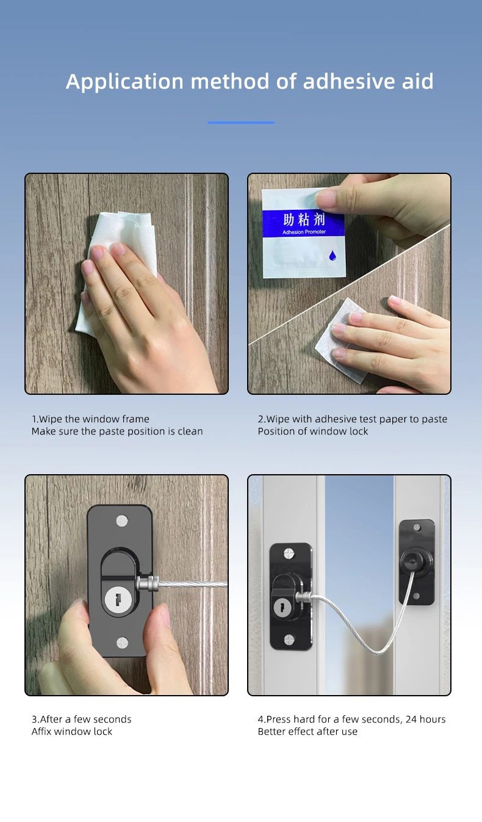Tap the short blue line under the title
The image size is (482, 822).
pyautogui.click(x=240, y=123)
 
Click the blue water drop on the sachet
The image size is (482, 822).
pyautogui.click(x=333, y=256)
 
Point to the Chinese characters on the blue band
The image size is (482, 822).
pyautogui.click(x=304, y=220)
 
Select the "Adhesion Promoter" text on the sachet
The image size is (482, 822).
pyautogui.click(x=304, y=232)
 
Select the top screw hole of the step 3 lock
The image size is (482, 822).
pyautogui.click(x=122, y=521)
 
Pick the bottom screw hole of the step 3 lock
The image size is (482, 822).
pyautogui.click(x=122, y=642)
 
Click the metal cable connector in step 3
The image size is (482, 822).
pyautogui.click(x=148, y=583)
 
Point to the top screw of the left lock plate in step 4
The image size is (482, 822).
pyautogui.click(x=289, y=553)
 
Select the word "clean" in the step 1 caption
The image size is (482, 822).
pyautogui.click(x=190, y=431)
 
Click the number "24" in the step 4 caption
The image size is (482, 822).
pyautogui.click(x=411, y=719)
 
